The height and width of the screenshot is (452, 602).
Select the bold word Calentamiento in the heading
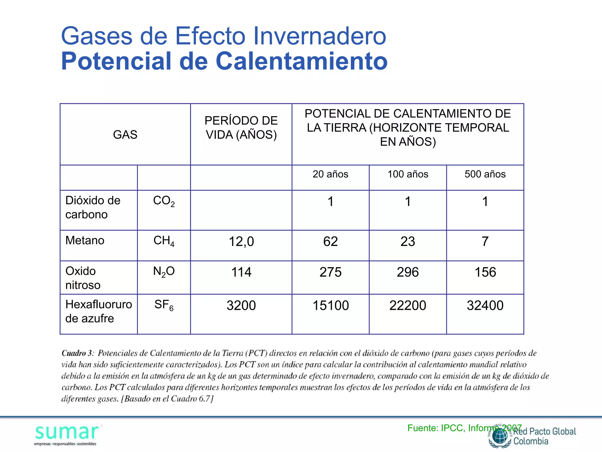click(302, 61)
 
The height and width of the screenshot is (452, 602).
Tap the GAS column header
click(125, 135)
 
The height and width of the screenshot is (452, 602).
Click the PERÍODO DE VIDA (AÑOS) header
click(241, 128)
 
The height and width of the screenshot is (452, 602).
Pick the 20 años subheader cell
click(330, 174)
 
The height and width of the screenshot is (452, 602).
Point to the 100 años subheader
click(408, 174)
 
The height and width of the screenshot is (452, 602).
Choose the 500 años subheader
click(485, 174)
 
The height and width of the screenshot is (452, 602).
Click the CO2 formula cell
click(164, 201)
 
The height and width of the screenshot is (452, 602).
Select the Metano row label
click(85, 240)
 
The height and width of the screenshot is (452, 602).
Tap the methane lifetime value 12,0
click(241, 242)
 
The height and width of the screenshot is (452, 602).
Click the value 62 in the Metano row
click(330, 242)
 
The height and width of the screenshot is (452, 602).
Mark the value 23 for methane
click(408, 242)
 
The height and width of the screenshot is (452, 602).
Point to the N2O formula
click(164, 272)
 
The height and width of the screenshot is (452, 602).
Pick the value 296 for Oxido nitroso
click(408, 272)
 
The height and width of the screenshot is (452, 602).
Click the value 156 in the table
click(485, 272)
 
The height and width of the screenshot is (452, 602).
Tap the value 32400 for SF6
click(485, 305)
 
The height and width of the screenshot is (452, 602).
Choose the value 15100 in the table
click(330, 305)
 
